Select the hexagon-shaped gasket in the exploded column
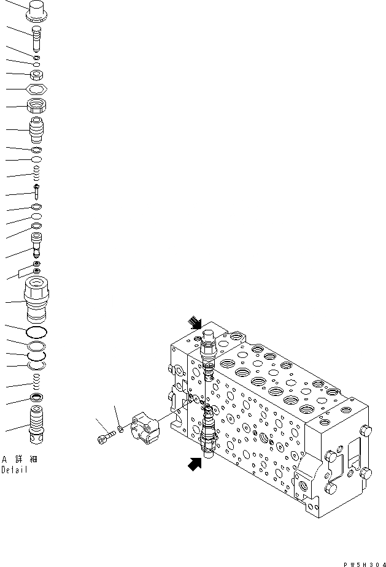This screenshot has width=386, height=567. point(36,89)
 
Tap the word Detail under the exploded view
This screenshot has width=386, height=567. point(14,470)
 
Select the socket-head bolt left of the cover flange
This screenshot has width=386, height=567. point(104,438)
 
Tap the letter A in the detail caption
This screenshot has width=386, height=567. point(4,459)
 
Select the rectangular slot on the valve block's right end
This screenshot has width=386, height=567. point(354,457)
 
